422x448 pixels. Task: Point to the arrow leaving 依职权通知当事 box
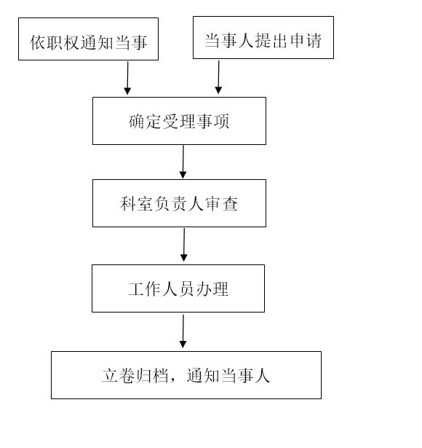(x=127, y=78)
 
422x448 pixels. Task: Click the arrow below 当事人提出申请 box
(x=218, y=77)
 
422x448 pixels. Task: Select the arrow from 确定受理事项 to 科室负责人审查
(x=183, y=162)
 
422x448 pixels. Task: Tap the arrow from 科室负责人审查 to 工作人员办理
(x=184, y=245)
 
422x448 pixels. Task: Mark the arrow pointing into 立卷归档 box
(x=183, y=331)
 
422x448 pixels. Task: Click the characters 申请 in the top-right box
(x=306, y=40)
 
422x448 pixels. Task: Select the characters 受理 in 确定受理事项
(x=179, y=122)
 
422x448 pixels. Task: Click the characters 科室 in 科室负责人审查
(x=136, y=204)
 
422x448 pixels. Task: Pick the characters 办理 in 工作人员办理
(x=212, y=289)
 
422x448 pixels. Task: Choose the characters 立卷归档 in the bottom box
(x=135, y=375)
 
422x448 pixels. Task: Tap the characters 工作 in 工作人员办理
(x=145, y=289)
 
